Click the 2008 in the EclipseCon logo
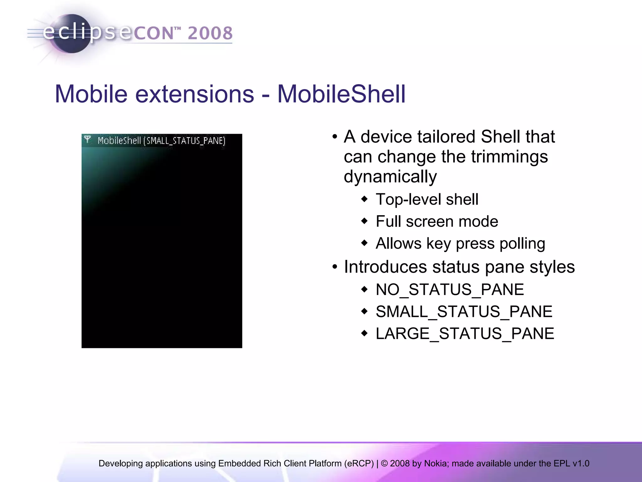pos(210,33)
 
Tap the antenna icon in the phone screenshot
pos(88,139)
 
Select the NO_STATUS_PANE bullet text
pos(450,289)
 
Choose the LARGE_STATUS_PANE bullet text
pos(465,333)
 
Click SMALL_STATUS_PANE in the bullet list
pos(464,312)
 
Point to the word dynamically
pos(390,176)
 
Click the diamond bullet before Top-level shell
pos(364,199)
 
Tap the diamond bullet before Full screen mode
pos(364,221)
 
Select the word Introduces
pos(385,267)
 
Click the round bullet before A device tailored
pos(335,137)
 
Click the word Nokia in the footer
pos(436,463)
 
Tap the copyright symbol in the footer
pos(384,463)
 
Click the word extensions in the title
pos(194,94)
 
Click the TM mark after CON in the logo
pos(177,29)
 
